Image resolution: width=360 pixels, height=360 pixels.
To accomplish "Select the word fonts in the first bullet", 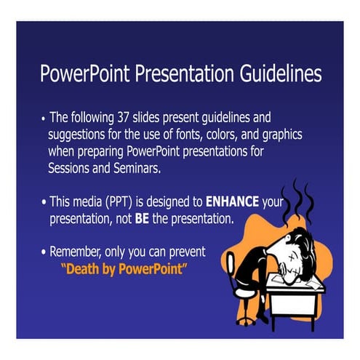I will [x=193, y=135].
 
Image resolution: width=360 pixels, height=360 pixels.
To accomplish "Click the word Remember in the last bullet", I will [x=76, y=252].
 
